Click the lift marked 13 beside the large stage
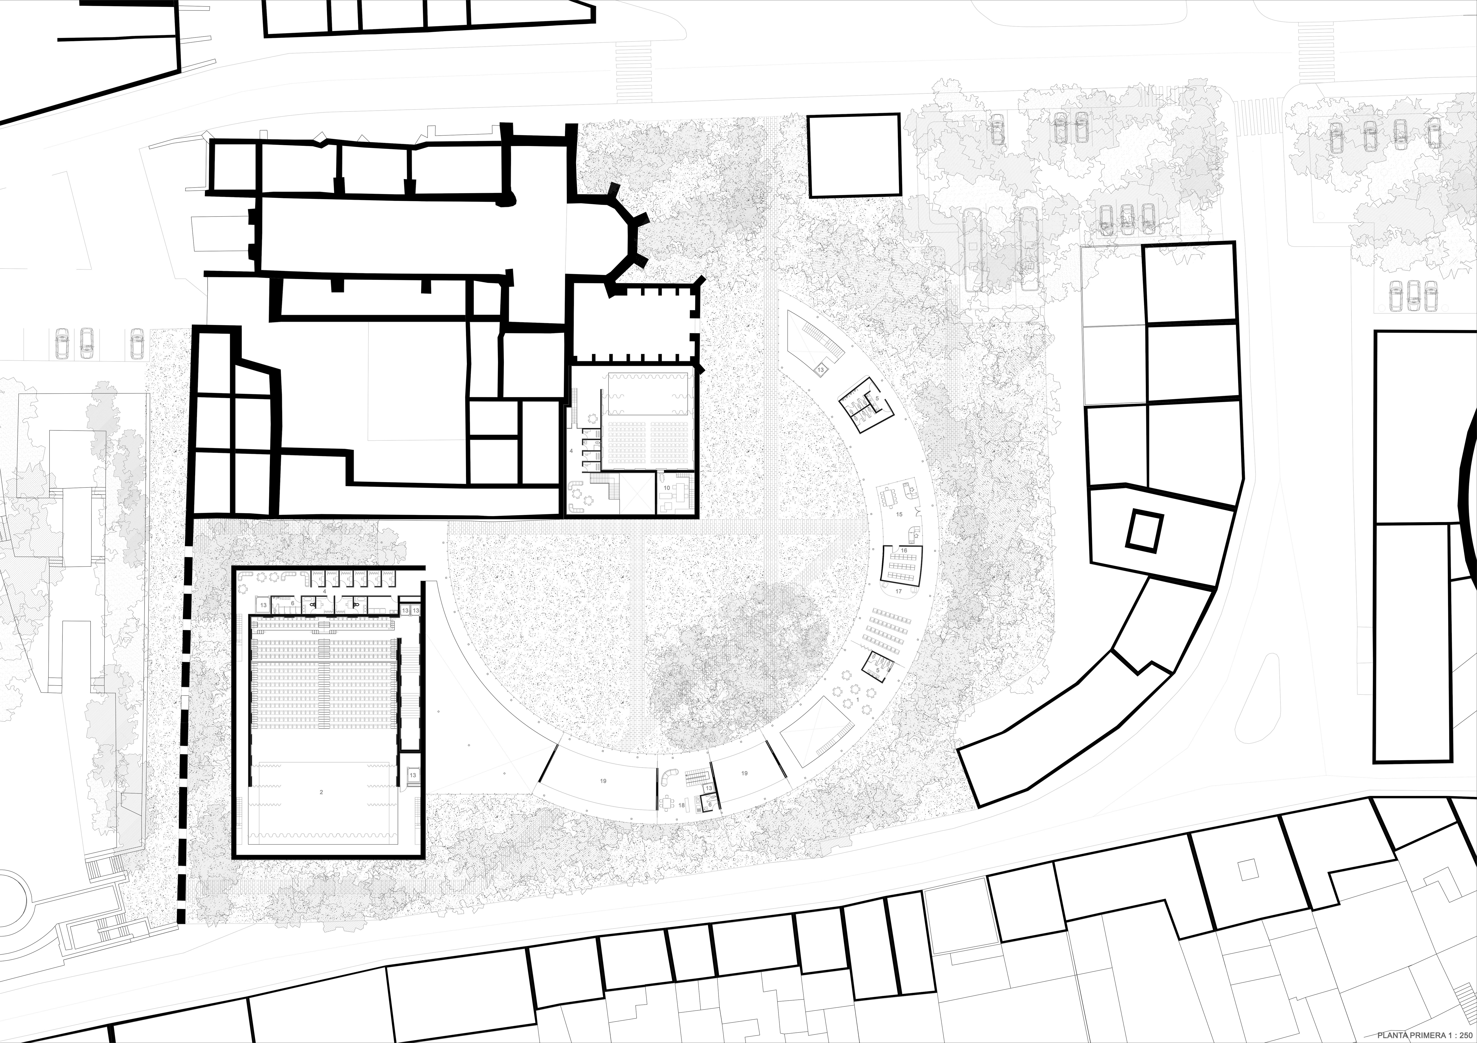[412, 775]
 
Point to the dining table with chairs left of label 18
[669, 803]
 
